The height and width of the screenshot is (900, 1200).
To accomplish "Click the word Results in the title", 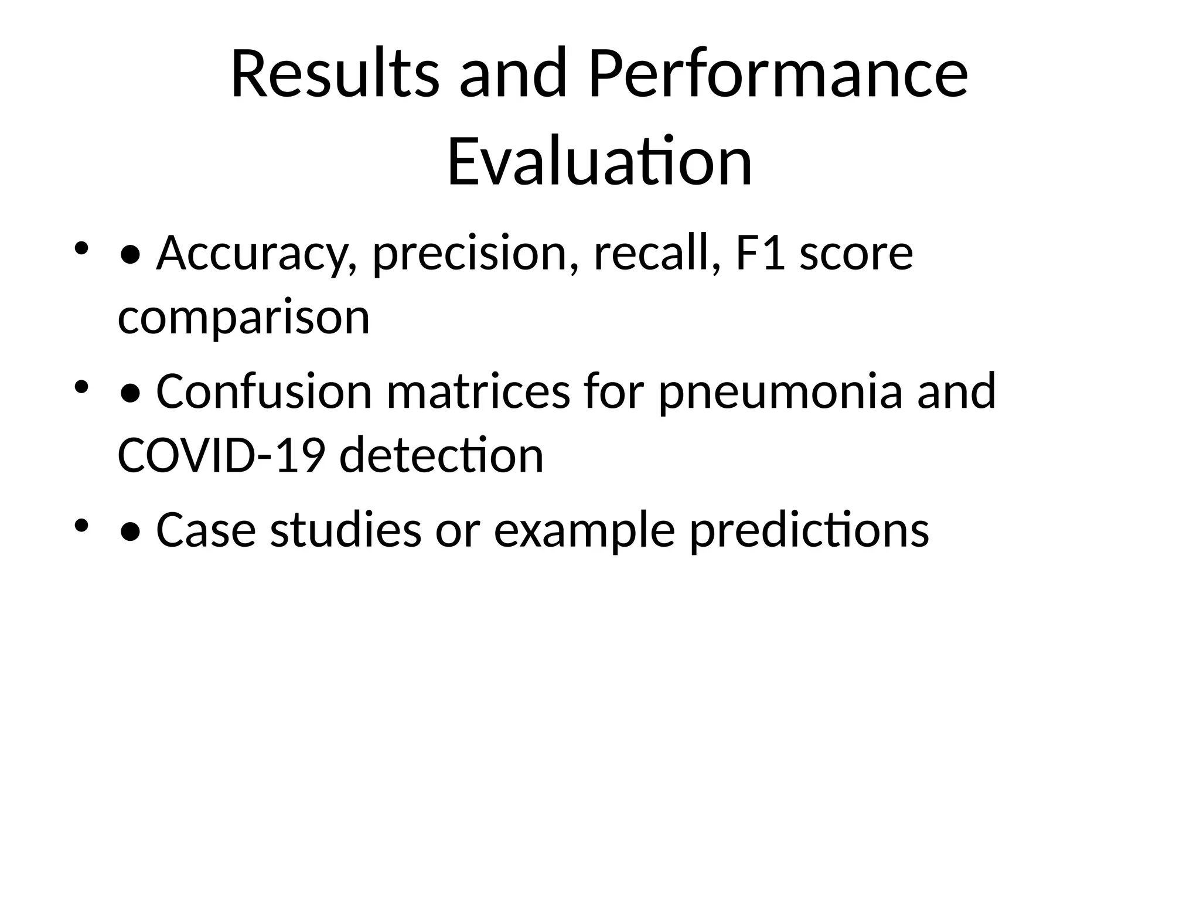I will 335,74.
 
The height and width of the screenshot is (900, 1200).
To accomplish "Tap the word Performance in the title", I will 778,74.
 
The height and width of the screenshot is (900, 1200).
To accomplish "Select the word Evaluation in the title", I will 599,161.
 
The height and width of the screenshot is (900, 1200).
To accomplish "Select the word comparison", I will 244,318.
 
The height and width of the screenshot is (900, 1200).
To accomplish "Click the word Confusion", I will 264,391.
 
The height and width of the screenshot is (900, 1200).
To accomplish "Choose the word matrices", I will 478,391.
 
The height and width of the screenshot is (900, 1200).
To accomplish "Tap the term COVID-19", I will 221,455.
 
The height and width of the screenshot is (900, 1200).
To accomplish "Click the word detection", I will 442,455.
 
